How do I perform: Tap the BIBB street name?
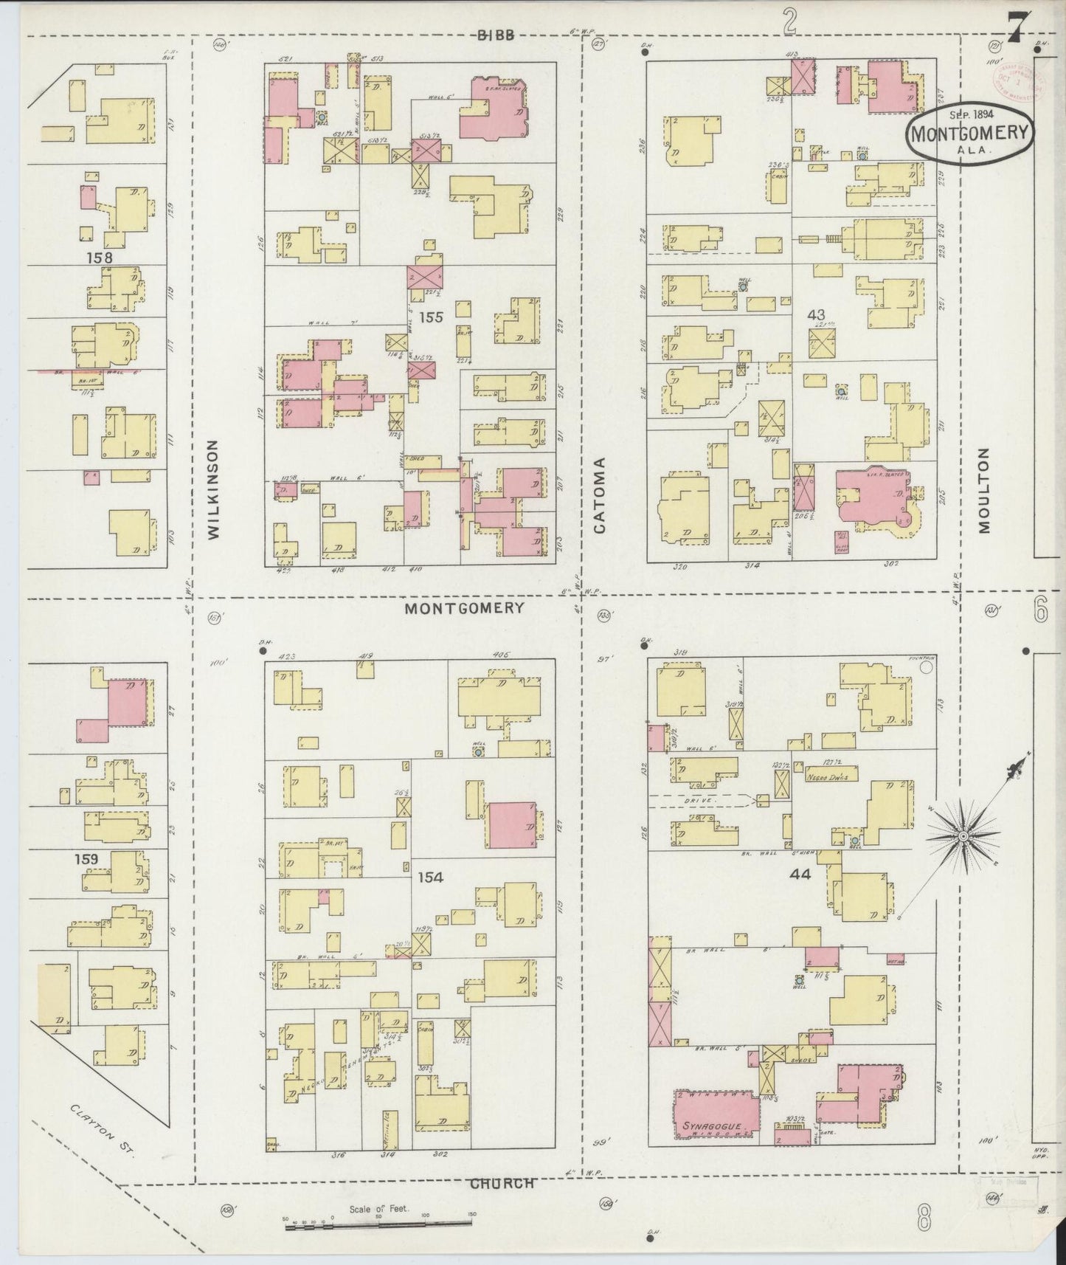[x=495, y=35]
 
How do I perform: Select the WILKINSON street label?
[x=213, y=489]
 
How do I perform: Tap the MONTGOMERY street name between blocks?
[x=465, y=608]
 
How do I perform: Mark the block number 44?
[x=800, y=874]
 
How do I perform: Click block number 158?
[x=98, y=258]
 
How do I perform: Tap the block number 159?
[x=86, y=859]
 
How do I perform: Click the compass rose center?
[x=963, y=835]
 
